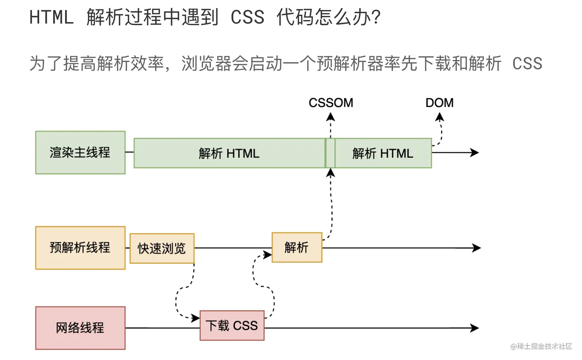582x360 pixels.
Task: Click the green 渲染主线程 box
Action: coord(80,153)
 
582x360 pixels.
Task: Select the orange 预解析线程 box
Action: coord(80,248)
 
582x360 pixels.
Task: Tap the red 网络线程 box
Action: coord(80,328)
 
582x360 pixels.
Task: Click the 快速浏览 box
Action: coord(162,248)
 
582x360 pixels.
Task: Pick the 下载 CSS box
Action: coord(232,326)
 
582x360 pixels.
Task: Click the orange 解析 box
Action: coord(296,248)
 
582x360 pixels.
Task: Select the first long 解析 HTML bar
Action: coord(229,153)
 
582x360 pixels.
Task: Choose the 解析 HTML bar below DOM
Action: coord(383,153)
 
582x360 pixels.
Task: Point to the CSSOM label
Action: coord(331,103)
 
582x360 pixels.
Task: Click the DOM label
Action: coord(439,103)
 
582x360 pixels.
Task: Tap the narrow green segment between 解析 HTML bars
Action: coord(330,153)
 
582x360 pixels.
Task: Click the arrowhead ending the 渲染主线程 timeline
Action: coord(475,153)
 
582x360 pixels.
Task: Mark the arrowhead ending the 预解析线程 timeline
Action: coord(477,248)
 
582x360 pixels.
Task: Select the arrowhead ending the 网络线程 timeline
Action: coord(475,328)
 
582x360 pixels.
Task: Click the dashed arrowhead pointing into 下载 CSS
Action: coord(196,318)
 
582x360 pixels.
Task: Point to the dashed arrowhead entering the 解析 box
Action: coord(268,255)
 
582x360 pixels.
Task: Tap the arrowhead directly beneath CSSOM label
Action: coord(330,117)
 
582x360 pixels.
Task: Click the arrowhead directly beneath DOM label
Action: coord(439,117)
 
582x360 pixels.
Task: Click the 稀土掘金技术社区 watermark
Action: coord(541,347)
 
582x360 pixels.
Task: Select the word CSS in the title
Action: coord(248,17)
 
